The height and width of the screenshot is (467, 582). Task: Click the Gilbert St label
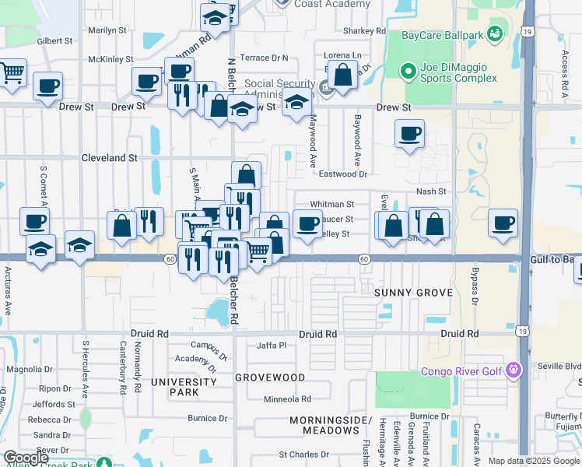(54, 40)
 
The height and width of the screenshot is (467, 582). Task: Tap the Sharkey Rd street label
(364, 31)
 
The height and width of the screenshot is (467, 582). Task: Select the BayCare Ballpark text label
(442, 35)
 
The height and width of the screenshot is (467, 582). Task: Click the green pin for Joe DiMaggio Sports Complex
(406, 72)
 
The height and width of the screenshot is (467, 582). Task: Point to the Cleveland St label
(109, 157)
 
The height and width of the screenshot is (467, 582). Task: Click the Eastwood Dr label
(342, 174)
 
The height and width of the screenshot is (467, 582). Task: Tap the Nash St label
(431, 191)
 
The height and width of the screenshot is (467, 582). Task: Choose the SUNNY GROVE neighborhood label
(413, 293)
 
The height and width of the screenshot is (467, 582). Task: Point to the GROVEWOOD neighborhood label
(270, 377)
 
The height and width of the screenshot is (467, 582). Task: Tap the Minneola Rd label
(287, 399)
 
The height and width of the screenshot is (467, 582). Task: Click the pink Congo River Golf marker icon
(512, 370)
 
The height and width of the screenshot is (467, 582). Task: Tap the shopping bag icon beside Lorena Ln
(342, 75)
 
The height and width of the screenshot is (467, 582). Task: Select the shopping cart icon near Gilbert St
(12, 72)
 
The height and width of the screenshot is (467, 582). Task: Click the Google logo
(26, 458)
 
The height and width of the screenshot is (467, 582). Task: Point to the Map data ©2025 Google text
(533, 461)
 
